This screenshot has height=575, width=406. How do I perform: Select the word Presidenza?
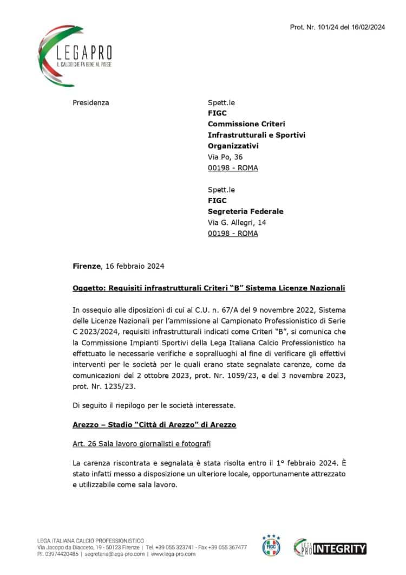(91, 102)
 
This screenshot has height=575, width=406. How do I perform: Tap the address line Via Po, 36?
(225, 157)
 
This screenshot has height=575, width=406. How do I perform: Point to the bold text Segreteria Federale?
(245, 211)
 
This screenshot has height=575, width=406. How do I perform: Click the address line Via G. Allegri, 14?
(237, 222)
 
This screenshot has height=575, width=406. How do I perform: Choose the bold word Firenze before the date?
(87, 266)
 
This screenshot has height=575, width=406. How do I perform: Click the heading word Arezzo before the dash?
(87, 424)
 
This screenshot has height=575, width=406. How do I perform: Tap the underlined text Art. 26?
(84, 444)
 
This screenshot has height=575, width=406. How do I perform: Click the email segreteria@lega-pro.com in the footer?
(119, 554)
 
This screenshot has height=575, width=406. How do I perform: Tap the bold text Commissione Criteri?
(246, 124)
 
